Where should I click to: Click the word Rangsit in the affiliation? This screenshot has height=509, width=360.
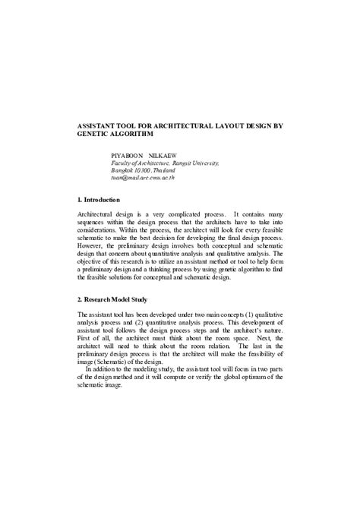(183, 163)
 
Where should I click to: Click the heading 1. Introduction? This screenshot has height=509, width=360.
(99, 200)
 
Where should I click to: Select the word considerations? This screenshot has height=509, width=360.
(103, 233)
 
